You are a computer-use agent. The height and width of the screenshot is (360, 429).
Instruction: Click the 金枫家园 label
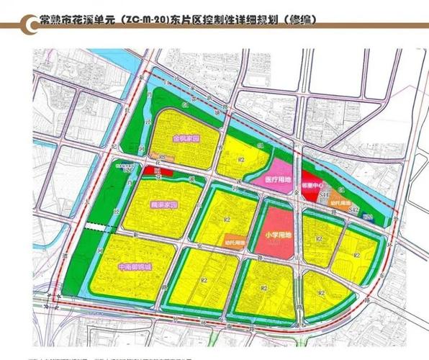point(185,138)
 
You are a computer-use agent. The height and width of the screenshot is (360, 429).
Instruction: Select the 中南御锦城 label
point(135,268)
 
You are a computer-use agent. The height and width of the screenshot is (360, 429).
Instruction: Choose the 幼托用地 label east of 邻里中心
point(340,203)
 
